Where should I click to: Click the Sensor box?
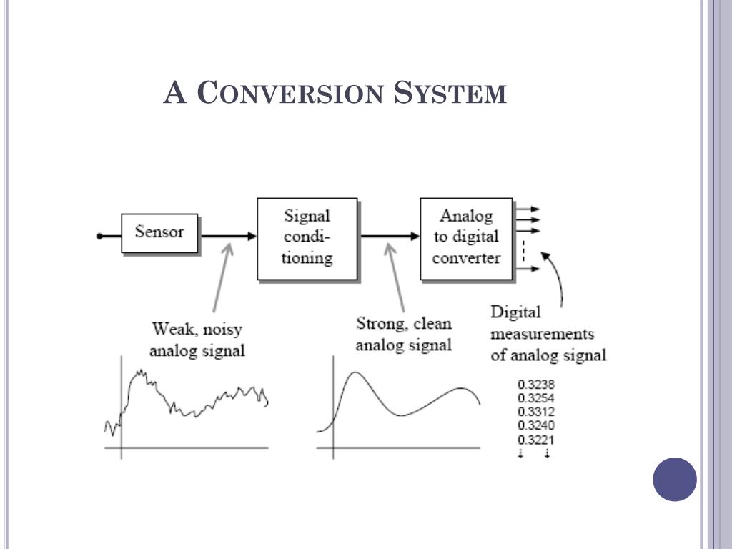pos(159,233)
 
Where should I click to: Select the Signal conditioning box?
pos(307,238)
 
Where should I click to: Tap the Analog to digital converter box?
pos(466,238)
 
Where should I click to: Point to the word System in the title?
pos(450,93)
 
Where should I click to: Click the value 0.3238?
pos(536,385)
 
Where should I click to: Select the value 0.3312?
pos(536,412)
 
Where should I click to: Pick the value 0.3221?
pos(536,440)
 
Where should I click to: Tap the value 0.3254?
pos(536,398)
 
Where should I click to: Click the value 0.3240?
pos(536,426)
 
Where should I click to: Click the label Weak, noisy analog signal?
pos(197,340)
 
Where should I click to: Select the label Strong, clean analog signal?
pos(404,334)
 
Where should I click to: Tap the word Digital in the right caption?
pos(515,312)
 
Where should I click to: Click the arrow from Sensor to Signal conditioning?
pos(227,235)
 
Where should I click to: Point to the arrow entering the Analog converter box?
pos(390,235)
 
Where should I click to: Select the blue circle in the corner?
pos(674,479)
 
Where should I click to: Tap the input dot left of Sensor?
pos(100,235)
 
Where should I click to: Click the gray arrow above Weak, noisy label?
pos(221,279)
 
